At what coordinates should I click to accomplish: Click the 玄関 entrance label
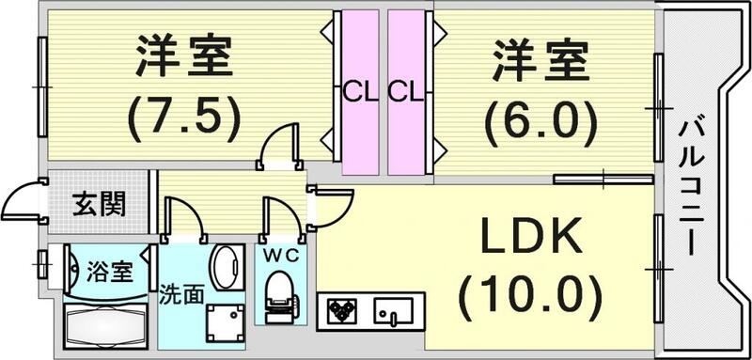pyautogui.click(x=100, y=203)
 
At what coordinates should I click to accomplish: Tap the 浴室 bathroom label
pyautogui.click(x=108, y=275)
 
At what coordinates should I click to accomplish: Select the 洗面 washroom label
pyautogui.click(x=181, y=293)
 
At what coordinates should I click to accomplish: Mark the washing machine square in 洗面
pyautogui.click(x=225, y=322)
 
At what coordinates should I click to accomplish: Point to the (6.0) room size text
pyautogui.click(x=540, y=119)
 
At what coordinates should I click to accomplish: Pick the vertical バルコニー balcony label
pyautogui.click(x=692, y=184)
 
